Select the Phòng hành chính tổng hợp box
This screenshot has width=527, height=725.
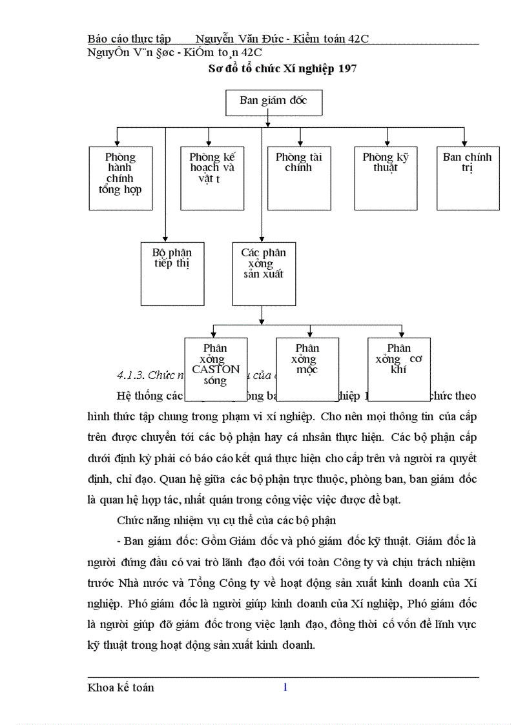120,178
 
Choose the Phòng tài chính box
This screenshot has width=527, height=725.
299,178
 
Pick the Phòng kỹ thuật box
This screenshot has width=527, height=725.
386,178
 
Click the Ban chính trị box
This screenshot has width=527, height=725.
468,178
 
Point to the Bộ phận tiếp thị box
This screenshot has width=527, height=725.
172,273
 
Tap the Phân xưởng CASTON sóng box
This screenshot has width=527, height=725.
216,364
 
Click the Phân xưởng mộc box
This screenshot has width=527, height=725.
307,364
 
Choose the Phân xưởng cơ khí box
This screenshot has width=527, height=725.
399,364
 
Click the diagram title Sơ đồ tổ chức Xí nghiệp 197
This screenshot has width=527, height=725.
284,68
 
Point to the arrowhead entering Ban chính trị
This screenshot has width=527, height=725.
464,143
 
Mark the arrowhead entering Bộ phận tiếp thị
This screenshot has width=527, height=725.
165,238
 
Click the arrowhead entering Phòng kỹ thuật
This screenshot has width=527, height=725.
386,143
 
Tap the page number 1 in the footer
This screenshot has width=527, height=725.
285,687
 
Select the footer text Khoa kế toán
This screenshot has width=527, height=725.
121,688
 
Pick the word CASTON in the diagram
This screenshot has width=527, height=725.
216,370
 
